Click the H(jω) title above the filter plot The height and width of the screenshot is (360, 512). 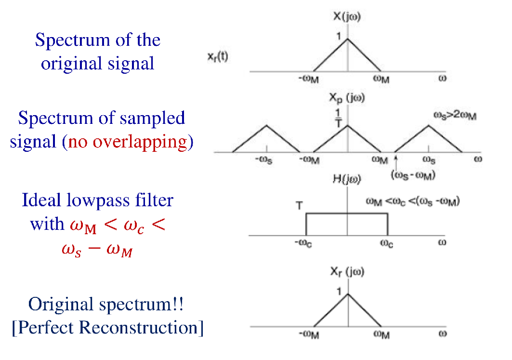coord(347,179)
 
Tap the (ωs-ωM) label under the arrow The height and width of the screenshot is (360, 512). coord(413,175)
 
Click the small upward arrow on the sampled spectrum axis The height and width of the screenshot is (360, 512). coord(395,159)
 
